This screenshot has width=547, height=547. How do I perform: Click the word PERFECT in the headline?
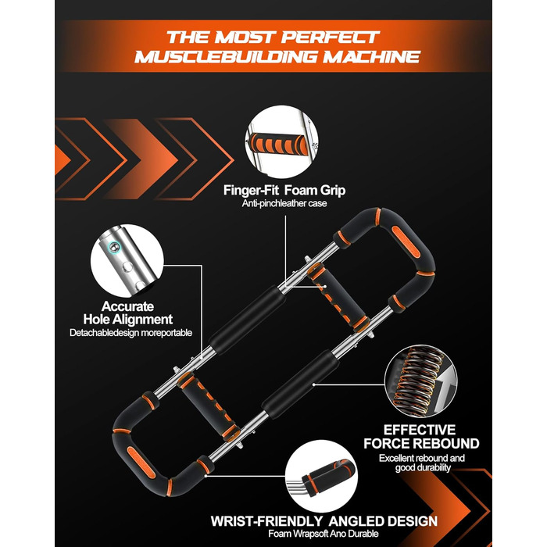click(331, 38)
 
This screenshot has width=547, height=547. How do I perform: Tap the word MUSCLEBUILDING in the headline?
click(226, 57)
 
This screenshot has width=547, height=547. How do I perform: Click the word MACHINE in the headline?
click(371, 57)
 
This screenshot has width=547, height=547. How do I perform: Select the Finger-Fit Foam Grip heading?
click(284, 191)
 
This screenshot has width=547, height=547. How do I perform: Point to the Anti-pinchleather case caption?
click(284, 203)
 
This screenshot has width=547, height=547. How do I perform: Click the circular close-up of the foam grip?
click(281, 142)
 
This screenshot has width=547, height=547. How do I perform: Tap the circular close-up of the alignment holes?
click(127, 261)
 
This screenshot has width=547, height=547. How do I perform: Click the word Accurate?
click(127, 306)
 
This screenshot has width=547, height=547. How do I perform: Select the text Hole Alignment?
click(127, 319)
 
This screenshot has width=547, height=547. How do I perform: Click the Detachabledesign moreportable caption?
click(130, 333)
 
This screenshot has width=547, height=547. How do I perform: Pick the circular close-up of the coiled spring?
click(420, 381)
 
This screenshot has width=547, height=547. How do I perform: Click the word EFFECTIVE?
click(420, 430)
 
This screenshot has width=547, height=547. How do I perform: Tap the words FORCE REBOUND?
click(421, 443)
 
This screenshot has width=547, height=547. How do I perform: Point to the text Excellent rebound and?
click(422, 458)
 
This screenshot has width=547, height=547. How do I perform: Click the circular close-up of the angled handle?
click(321, 477)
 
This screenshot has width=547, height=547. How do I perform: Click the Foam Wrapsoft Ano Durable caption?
click(324, 534)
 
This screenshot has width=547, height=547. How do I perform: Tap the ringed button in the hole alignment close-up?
click(114, 246)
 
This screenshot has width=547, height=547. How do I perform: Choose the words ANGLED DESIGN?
click(383, 521)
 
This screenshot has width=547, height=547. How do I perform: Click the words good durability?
click(423, 468)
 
